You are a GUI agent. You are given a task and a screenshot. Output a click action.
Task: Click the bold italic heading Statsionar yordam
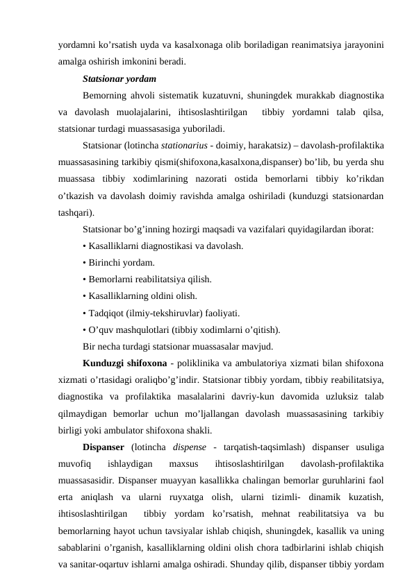point(119,78)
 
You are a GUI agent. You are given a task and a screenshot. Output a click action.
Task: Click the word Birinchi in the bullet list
point(107,262)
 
